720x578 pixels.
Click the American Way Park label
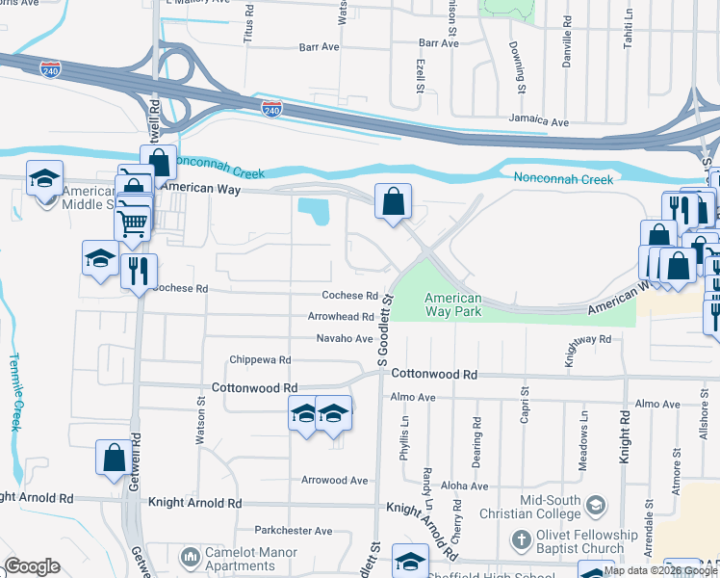pyautogui.click(x=452, y=305)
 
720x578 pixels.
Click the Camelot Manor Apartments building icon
pyautogui.click(x=190, y=556)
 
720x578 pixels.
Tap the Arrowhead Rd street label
pyautogui.click(x=341, y=316)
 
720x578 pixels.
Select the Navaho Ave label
pyautogui.click(x=345, y=338)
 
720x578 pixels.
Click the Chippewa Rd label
pyautogui.click(x=260, y=360)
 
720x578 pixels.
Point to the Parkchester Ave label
pyautogui.click(x=294, y=530)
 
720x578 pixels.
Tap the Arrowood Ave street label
pyautogui.click(x=335, y=480)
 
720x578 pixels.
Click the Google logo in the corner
pyautogui.click(x=32, y=566)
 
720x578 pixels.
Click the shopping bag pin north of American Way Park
pyautogui.click(x=393, y=202)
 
